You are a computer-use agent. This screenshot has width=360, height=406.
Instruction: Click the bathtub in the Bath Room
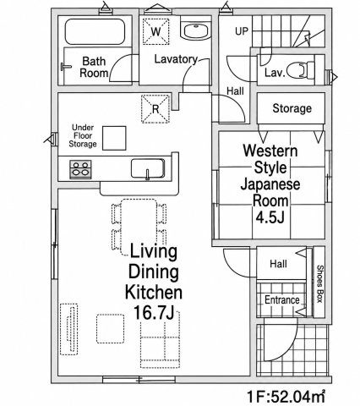tap(95, 31)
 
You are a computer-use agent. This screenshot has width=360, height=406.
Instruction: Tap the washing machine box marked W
tap(156, 31)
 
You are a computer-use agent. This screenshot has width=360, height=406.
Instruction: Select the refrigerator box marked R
tap(155, 109)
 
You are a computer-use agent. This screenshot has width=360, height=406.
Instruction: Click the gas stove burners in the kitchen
tap(80, 169)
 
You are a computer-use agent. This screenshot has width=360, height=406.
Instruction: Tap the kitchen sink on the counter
tap(148, 168)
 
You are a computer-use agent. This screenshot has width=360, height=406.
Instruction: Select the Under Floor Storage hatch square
tap(114, 138)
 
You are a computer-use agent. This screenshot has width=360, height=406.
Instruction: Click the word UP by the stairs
tap(242, 31)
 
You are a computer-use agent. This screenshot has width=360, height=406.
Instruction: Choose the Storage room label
tap(292, 108)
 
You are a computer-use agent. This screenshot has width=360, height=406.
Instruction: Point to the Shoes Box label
tap(319, 283)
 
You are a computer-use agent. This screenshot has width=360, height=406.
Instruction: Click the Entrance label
tap(282, 299)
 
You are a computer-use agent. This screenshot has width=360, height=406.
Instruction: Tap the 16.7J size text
tap(154, 313)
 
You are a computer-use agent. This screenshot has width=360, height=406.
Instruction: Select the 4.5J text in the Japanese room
tap(270, 217)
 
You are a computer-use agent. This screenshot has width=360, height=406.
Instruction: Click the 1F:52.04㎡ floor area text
tap(286, 397)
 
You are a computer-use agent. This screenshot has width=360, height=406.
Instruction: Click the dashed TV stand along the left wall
tap(69, 329)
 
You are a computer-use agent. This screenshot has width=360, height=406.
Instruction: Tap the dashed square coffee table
tap(111, 329)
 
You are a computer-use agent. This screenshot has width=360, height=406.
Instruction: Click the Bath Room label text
tap(94, 67)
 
